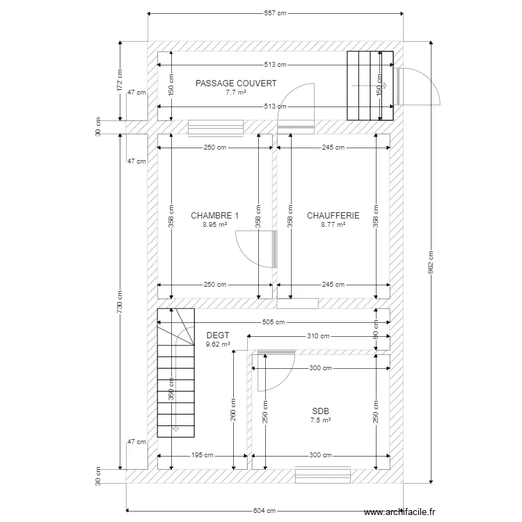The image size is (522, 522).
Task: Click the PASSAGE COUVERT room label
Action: (236, 84)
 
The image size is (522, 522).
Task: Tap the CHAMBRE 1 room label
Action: (215, 215)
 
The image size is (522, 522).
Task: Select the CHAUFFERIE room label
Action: (333, 215)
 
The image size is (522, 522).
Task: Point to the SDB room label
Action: (320, 411)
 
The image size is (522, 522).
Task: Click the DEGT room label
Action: (218, 335)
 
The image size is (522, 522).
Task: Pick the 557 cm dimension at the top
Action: (276, 13)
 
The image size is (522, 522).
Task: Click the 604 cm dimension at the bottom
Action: (264, 510)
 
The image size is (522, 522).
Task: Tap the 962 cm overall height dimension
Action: (430, 262)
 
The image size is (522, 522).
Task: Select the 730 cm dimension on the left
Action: (120, 301)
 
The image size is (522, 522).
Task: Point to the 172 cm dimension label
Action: (120, 80)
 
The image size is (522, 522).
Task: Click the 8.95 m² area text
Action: (215, 225)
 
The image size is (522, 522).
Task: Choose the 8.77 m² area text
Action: (333, 225)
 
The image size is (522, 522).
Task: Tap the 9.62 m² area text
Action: (218, 345)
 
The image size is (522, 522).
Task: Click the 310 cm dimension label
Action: (318, 336)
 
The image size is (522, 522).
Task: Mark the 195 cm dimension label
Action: (202, 455)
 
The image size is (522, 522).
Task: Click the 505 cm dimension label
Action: (274, 322)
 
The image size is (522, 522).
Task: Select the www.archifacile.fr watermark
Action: (400, 512)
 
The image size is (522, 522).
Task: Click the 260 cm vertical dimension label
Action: (233, 410)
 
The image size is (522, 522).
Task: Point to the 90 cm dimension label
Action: (376, 329)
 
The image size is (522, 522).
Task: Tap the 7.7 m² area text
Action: (236, 93)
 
